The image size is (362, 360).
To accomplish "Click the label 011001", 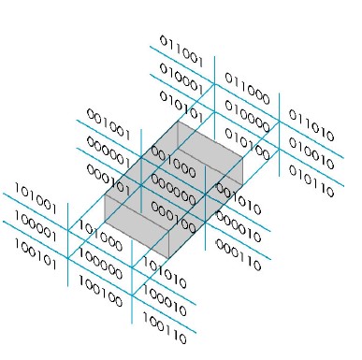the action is (x=181, y=52).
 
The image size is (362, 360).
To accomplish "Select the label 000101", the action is (x=107, y=170).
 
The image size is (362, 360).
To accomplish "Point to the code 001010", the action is (x=238, y=196).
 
